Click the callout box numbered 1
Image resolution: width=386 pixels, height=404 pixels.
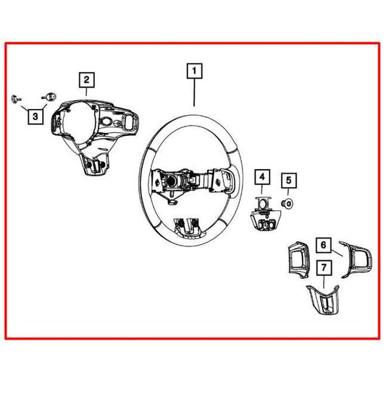pyautogui.click(x=194, y=71)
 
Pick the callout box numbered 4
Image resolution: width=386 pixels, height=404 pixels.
pyautogui.click(x=261, y=176)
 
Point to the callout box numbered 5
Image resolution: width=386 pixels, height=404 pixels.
pyautogui.click(x=288, y=180)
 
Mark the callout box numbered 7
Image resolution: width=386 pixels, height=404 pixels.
pyautogui.click(x=324, y=269)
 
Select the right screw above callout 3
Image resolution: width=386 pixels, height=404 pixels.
pyautogui.click(x=50, y=95)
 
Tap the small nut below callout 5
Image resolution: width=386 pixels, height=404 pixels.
pyautogui.click(x=288, y=202)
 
